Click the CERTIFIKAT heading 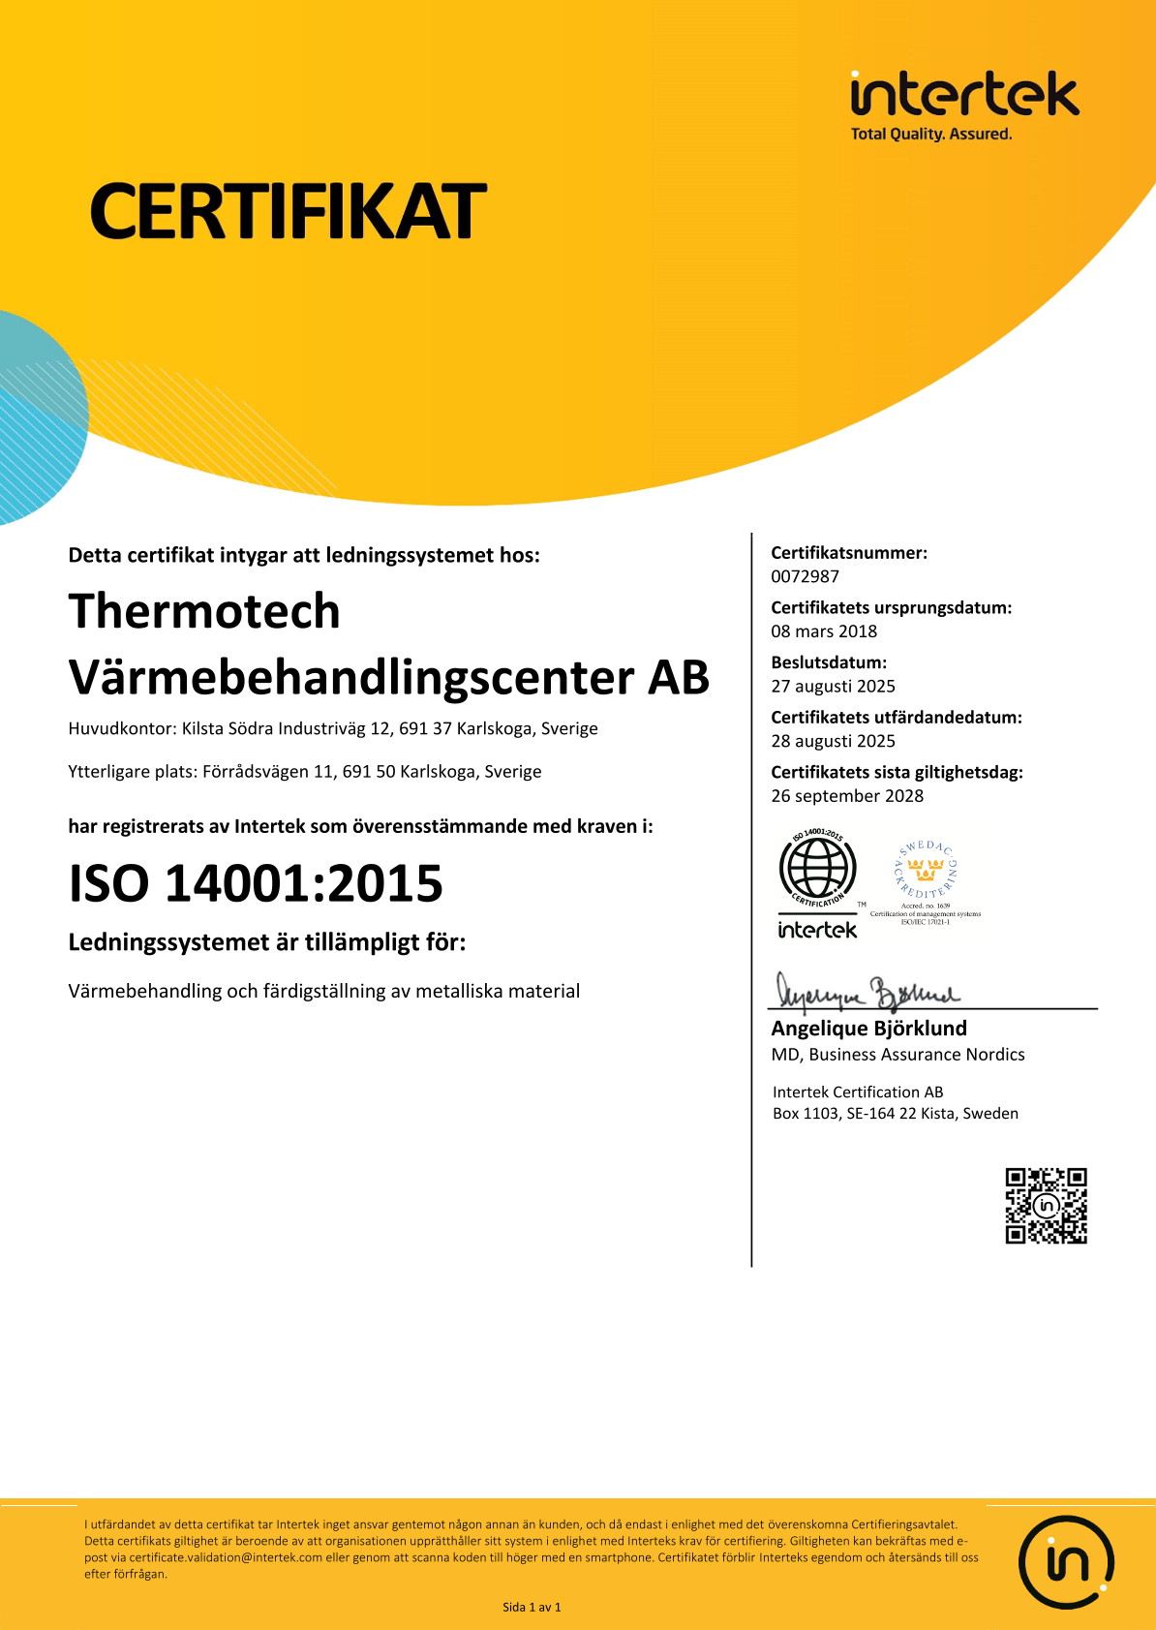click(288, 211)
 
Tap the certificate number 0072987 click(805, 576)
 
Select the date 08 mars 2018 click(824, 631)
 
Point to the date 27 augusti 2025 click(833, 686)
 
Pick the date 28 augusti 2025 click(833, 741)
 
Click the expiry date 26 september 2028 click(847, 796)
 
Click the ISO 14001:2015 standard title click(256, 883)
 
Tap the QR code click(1046, 1206)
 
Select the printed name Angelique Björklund click(868, 1029)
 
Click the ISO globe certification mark click(818, 868)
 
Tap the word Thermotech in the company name click(204, 611)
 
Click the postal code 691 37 click(425, 728)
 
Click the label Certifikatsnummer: click(848, 553)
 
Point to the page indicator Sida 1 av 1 click(532, 1607)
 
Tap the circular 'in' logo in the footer click(1066, 1562)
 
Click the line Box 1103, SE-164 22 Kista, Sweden click(895, 1114)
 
